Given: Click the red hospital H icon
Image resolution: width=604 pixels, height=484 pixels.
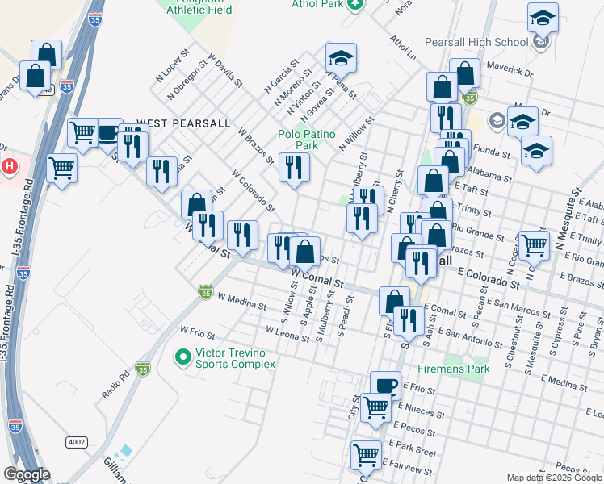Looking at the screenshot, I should [9, 167].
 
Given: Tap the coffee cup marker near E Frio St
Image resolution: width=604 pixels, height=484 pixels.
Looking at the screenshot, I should [385, 385].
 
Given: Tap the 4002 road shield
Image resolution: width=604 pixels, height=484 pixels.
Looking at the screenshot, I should [77, 442].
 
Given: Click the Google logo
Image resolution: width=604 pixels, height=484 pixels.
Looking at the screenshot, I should [26, 474].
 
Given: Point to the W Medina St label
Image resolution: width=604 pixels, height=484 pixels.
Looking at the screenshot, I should [241, 306].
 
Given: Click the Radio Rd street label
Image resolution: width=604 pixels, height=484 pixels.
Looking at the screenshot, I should [115, 385].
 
